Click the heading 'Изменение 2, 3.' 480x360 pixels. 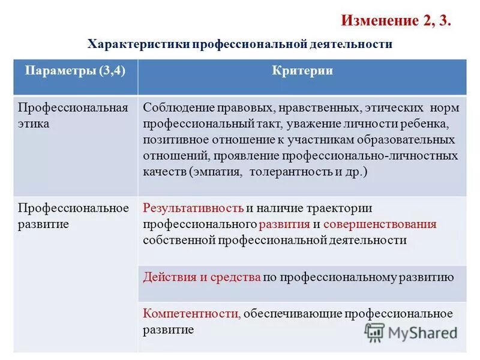(396, 21)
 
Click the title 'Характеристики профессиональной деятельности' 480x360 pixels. (240, 44)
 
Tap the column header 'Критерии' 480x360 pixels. (302, 71)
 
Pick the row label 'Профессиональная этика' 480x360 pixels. (73, 116)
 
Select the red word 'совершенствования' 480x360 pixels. (380, 224)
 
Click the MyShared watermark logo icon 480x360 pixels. (374, 332)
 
